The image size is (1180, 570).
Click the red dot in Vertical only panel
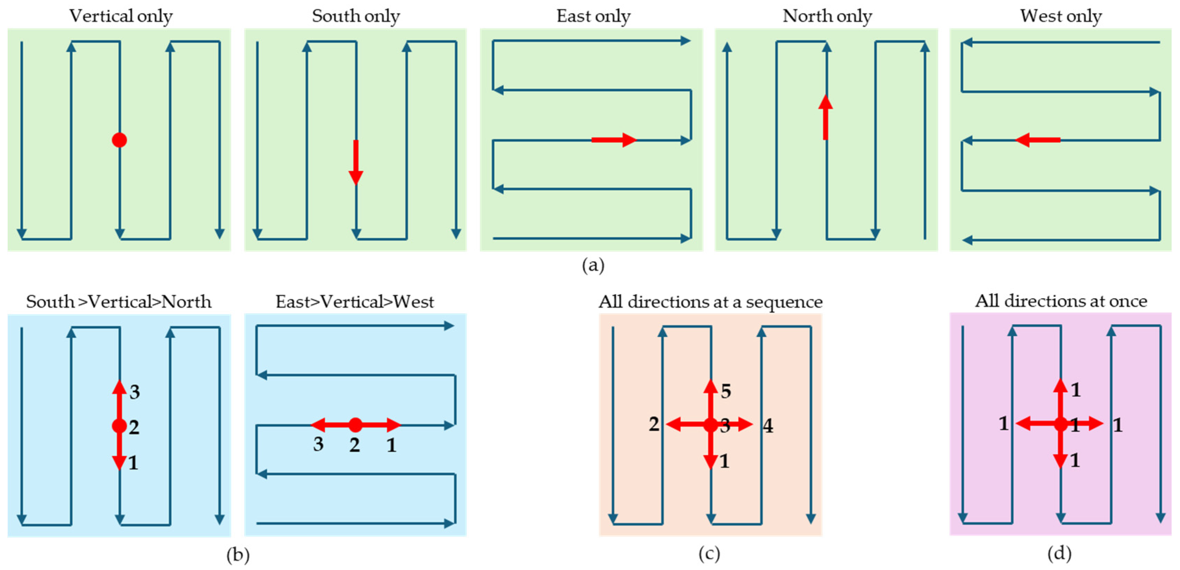119,140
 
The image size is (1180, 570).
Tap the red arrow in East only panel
614,140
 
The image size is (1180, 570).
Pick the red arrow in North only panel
826,118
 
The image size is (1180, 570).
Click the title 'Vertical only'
120,16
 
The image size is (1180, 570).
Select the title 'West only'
1060,16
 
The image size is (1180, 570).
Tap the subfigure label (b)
238,555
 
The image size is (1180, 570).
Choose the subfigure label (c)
709,554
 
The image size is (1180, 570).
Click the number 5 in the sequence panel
726,391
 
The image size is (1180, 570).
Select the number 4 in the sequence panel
768,426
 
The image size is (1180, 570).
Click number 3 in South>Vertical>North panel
134,392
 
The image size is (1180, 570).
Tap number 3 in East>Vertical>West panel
318,444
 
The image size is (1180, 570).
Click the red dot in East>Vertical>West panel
355,425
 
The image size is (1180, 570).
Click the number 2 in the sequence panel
654,424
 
